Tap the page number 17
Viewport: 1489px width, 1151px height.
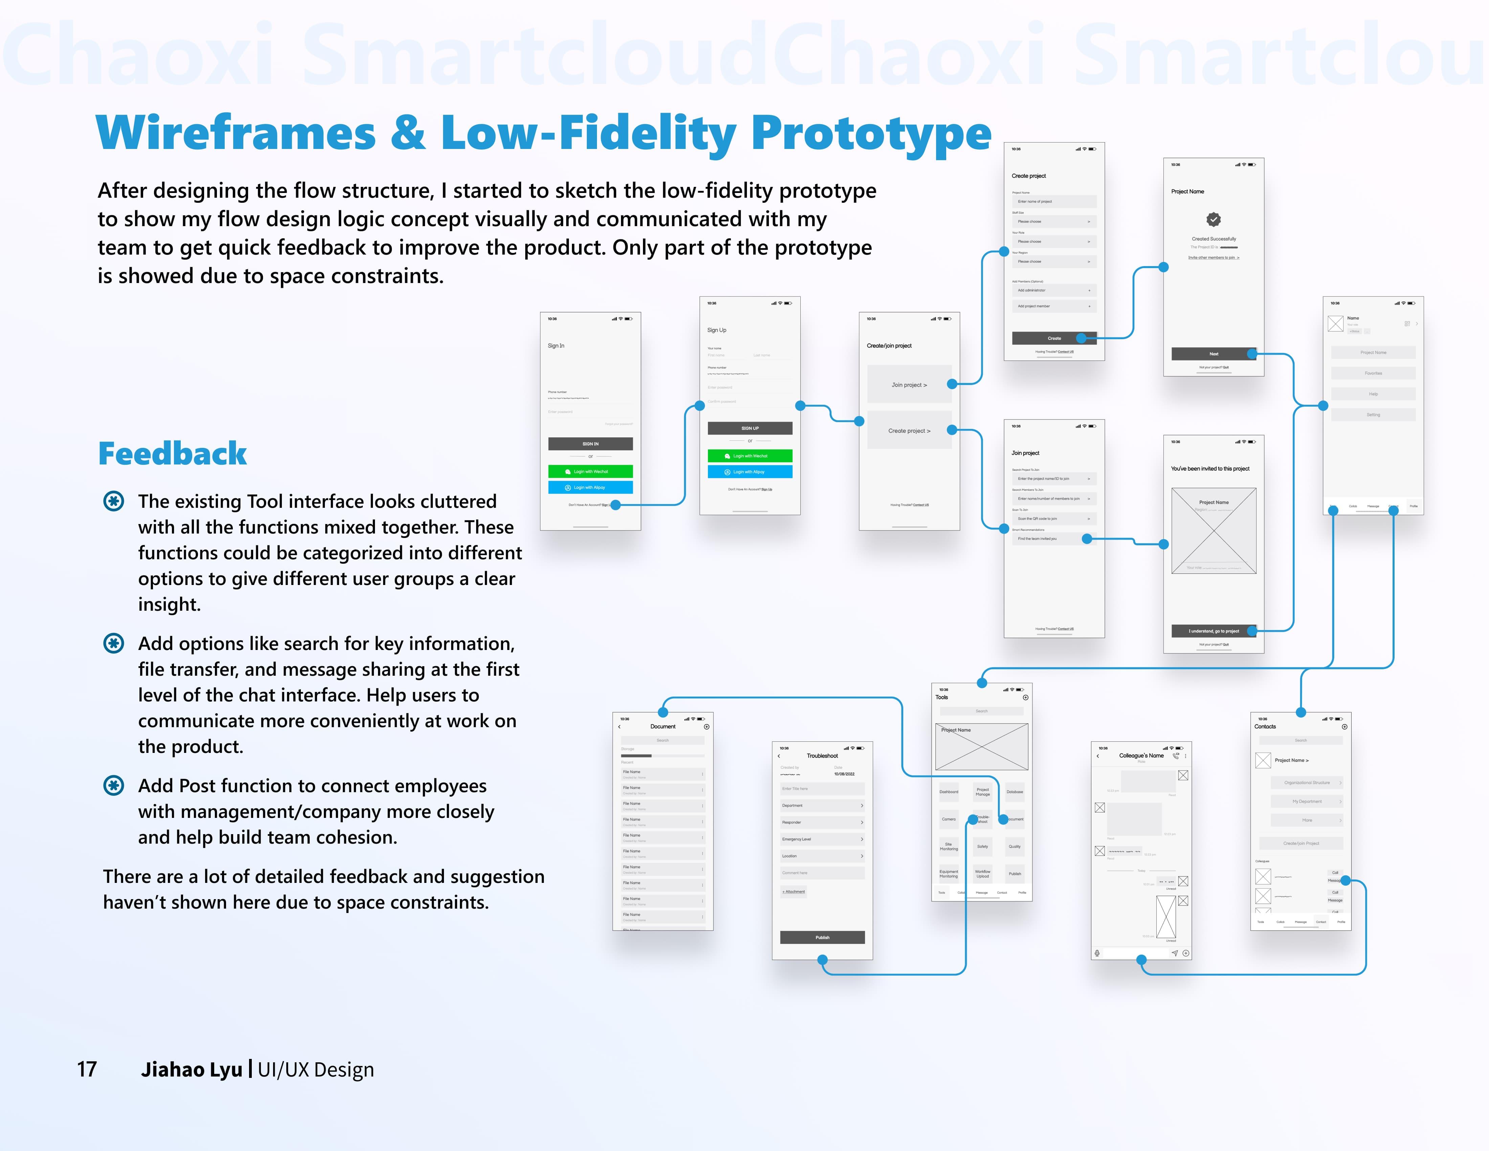point(87,1069)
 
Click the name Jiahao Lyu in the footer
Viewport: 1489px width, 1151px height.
point(192,1069)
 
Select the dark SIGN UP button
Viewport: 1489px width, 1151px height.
point(750,428)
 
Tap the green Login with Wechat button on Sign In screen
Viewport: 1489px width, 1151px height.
point(591,471)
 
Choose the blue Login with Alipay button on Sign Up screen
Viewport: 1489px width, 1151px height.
point(750,472)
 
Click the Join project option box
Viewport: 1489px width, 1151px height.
point(909,385)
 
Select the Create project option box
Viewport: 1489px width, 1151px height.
point(909,430)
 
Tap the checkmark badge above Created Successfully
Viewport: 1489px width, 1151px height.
point(1214,220)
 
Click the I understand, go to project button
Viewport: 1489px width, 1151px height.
point(1214,631)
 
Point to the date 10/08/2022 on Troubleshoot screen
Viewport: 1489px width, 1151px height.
point(844,774)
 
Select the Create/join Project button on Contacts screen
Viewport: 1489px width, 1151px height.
point(1301,844)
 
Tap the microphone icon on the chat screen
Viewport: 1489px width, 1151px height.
point(1097,953)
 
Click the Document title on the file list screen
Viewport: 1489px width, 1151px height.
point(663,726)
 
